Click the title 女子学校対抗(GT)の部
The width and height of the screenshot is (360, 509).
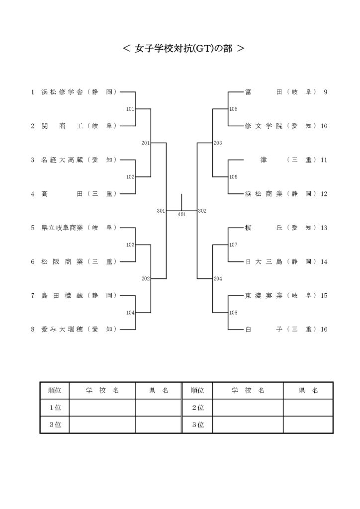pyautogui.click(x=183, y=48)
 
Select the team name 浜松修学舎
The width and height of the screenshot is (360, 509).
pyautogui.click(x=62, y=92)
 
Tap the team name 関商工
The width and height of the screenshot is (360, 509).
pyautogui.click(x=62, y=126)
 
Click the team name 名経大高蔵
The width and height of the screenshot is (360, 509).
pyautogui.click(x=62, y=160)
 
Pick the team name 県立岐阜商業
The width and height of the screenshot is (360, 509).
pyautogui.click(x=62, y=228)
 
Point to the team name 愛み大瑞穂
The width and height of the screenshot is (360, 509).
pyautogui.click(x=62, y=330)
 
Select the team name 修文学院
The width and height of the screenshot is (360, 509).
pyautogui.click(x=264, y=126)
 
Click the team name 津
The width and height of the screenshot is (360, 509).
pyautogui.click(x=263, y=160)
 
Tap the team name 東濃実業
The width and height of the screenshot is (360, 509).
pyautogui.click(x=264, y=296)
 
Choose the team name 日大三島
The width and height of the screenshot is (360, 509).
pyautogui.click(x=264, y=261)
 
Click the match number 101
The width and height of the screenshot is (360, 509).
pyautogui.click(x=130, y=109)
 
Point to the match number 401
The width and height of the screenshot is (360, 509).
pyautogui.click(x=182, y=215)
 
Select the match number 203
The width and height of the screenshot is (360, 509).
pyautogui.click(x=218, y=143)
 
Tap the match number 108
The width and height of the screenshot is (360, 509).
pyautogui.click(x=233, y=313)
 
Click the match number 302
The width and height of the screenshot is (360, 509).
pyautogui.click(x=202, y=211)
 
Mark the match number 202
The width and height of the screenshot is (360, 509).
pyautogui.click(x=145, y=278)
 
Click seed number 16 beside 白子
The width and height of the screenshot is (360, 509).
pyautogui.click(x=324, y=330)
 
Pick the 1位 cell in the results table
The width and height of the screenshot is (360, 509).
pyautogui.click(x=55, y=408)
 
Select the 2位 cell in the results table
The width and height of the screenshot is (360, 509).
pyautogui.click(x=198, y=408)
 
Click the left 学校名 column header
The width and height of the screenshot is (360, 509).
pyautogui.click(x=102, y=391)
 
